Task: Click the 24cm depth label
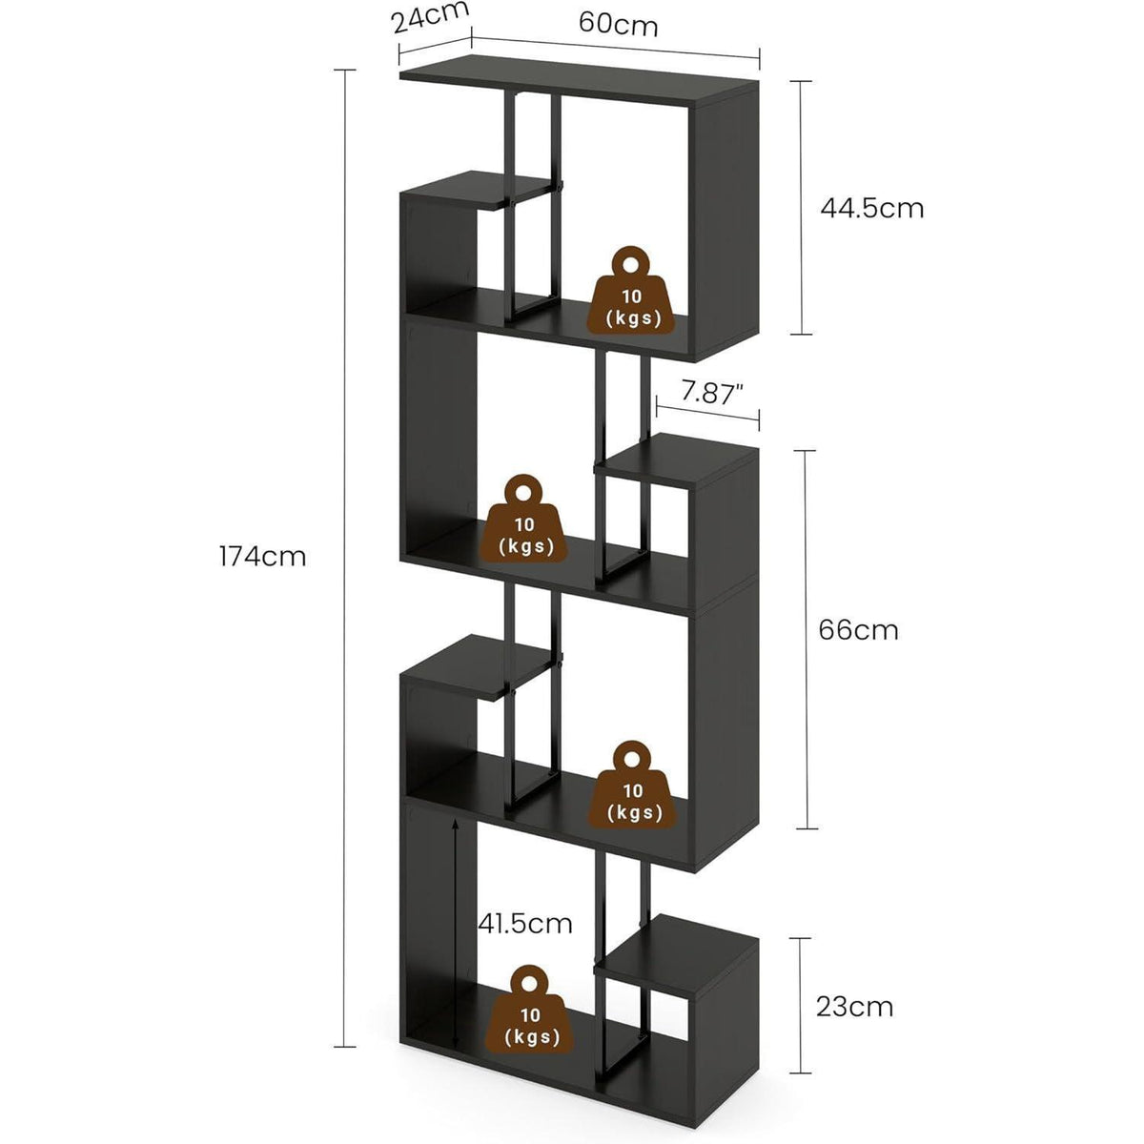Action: pos(431,16)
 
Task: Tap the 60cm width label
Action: pos(618,25)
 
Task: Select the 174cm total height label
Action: pos(262,557)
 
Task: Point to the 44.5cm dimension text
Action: pos(871,209)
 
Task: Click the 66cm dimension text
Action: pos(858,630)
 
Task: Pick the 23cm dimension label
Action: pos(854,1007)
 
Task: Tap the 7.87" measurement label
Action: pos(712,393)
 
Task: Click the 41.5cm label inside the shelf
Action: pos(524,924)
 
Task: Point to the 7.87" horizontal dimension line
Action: pos(707,414)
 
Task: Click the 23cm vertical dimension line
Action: pos(800,1006)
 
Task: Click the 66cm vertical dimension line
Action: pos(805,639)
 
